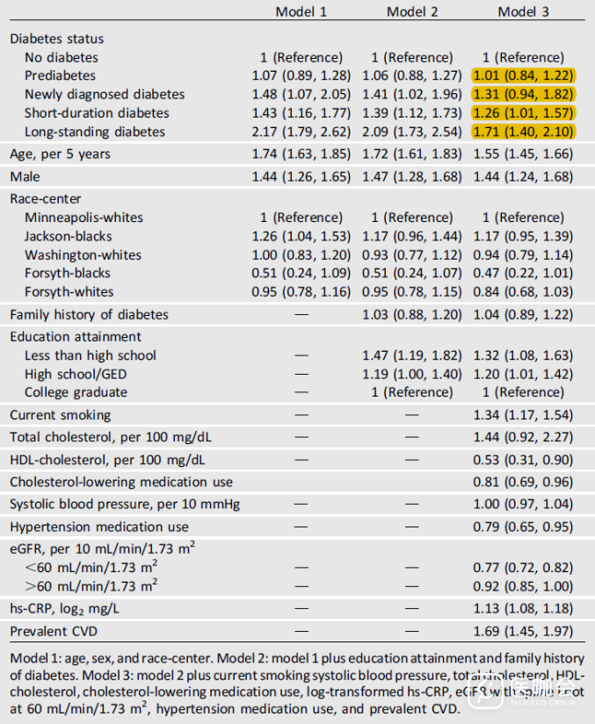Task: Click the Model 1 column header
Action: (x=301, y=11)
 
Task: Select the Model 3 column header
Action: (x=524, y=11)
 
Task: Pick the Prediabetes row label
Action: (x=60, y=75)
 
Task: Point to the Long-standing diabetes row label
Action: (x=94, y=132)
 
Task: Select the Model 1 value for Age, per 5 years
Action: (x=301, y=154)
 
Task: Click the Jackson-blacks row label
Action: (x=68, y=236)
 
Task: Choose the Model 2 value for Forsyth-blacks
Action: (x=412, y=273)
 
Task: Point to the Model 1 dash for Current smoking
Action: (x=301, y=415)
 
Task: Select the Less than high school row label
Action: (x=90, y=355)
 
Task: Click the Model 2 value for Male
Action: (x=412, y=177)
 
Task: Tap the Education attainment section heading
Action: (x=76, y=337)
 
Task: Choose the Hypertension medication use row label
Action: (x=99, y=527)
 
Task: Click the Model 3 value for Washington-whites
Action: (x=524, y=254)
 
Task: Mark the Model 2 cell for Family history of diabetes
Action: (x=412, y=314)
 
